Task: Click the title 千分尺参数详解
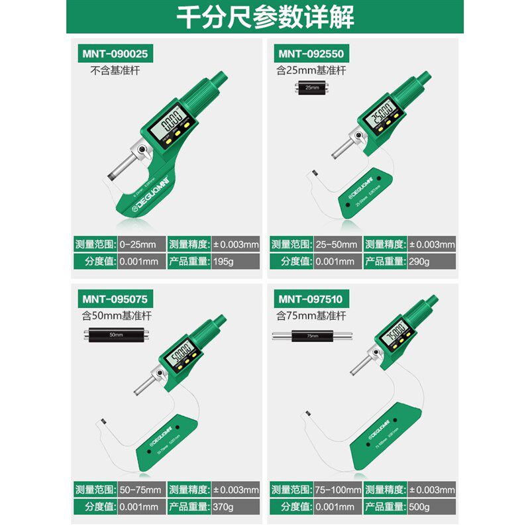(264, 16)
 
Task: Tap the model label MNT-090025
(113, 53)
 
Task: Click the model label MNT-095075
(113, 297)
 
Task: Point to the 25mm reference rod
(311, 87)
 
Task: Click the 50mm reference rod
(115, 335)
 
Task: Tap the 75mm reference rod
(312, 335)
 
